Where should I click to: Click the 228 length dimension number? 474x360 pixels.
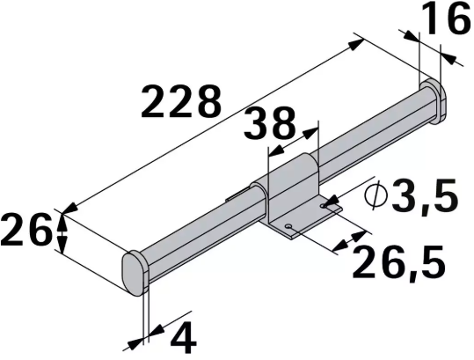click(x=180, y=104)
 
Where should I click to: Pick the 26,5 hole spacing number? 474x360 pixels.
click(x=392, y=261)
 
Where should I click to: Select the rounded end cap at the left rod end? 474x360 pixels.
click(x=135, y=272)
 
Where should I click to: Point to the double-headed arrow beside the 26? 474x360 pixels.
click(x=62, y=231)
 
